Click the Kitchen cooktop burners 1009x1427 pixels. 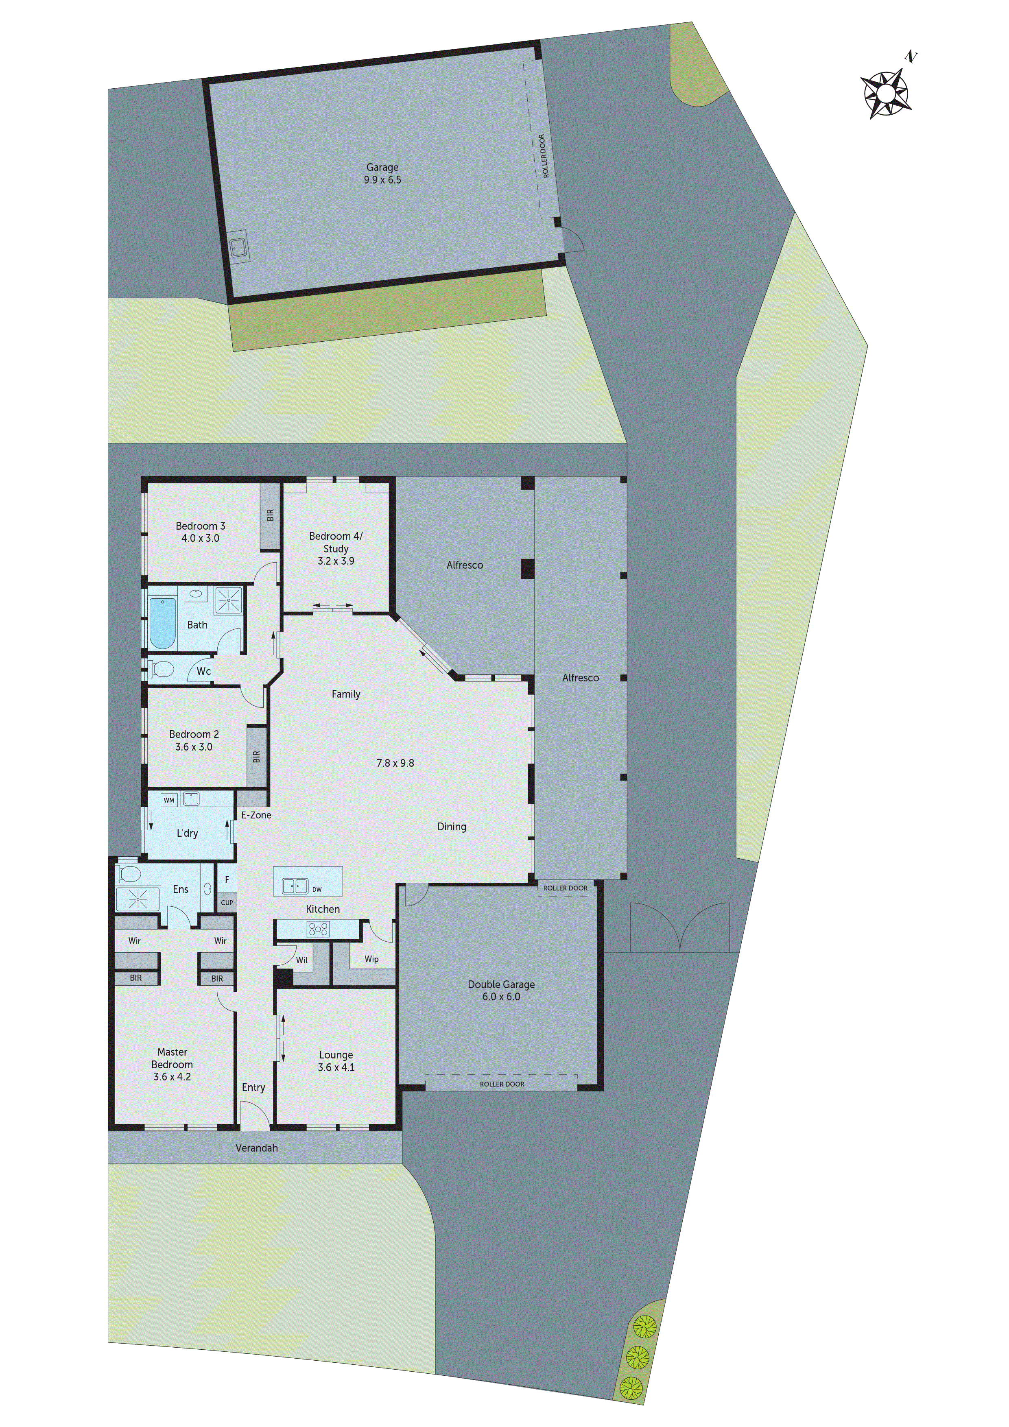[x=318, y=929]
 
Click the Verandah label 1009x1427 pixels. [x=256, y=1148]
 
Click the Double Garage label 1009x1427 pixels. [x=501, y=984]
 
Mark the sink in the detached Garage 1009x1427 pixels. [x=238, y=247]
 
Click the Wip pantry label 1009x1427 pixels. [x=371, y=959]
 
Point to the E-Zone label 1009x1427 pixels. [x=256, y=815]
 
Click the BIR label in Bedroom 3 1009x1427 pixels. [x=270, y=515]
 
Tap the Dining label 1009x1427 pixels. [x=451, y=827]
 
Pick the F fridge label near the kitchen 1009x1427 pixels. [x=227, y=879]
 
